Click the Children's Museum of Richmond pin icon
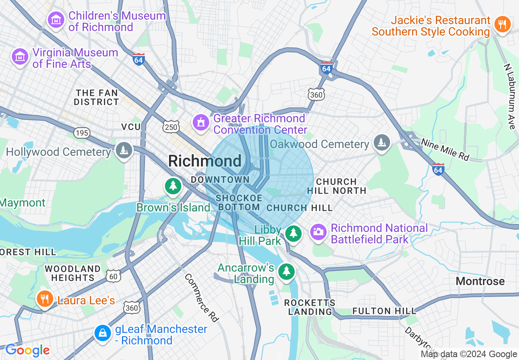tap(56, 19)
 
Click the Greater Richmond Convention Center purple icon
tap(201, 122)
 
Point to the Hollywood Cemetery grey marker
tap(123, 151)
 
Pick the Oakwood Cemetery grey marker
tap(382, 143)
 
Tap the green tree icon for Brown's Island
tap(173, 186)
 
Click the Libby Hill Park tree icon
tap(293, 233)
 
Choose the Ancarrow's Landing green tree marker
tap(286, 271)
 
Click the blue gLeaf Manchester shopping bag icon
tap(102, 333)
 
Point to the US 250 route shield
tap(171, 127)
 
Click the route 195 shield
tap(81, 133)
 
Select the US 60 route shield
tap(113, 277)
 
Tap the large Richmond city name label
tap(205, 161)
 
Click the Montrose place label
tap(480, 281)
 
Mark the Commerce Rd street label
tap(202, 297)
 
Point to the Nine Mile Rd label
tap(445, 149)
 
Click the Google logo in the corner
tap(27, 351)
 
